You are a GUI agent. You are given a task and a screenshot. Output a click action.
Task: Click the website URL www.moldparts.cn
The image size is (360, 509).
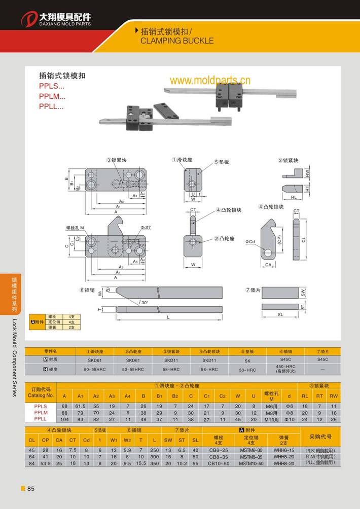tap(210, 81)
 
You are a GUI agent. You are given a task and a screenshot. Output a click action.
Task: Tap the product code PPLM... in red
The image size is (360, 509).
tap(52, 96)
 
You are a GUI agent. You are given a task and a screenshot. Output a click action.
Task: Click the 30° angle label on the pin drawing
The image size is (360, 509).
tap(145, 302)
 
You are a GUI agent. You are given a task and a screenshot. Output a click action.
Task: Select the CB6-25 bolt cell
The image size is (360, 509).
tap(219, 449)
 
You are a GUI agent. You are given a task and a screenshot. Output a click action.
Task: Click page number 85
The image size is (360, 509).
tap(30, 489)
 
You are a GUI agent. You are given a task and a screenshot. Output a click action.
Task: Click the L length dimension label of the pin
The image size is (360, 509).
tap(168, 317)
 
